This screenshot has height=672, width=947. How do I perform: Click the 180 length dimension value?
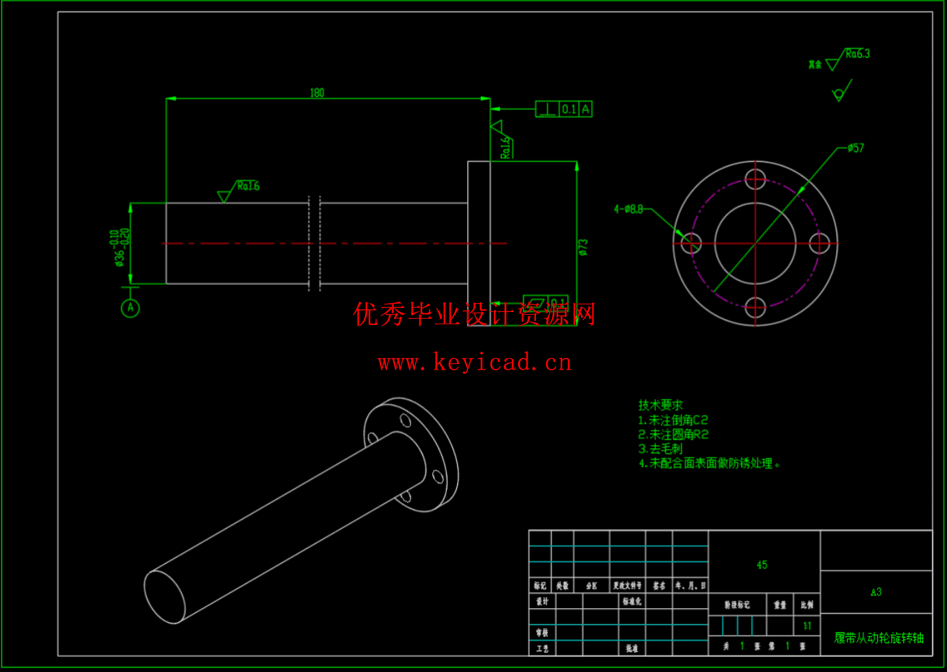tap(316, 93)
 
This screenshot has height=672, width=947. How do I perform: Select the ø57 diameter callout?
tap(855, 147)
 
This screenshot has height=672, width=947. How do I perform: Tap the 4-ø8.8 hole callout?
tap(628, 208)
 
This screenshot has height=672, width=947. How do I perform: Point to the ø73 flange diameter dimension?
tap(583, 247)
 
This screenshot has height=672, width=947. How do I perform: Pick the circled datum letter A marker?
tap(130, 308)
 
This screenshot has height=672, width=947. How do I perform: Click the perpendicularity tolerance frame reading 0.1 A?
tap(563, 109)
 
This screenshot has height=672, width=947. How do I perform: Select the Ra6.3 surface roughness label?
tap(857, 53)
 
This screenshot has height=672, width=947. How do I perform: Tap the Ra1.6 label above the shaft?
tap(248, 186)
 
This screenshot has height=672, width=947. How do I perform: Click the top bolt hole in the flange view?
tap(756, 179)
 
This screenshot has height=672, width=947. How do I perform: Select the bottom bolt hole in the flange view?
tap(756, 307)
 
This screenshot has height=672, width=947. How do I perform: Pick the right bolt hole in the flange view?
tap(819, 243)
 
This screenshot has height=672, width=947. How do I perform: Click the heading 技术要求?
tap(660, 405)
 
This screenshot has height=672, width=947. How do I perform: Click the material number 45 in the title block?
tap(762, 565)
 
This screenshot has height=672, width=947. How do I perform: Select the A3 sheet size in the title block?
tap(876, 592)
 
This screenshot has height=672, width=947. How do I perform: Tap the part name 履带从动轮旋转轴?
tap(878, 638)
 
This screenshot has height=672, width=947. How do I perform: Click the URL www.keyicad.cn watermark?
tap(474, 362)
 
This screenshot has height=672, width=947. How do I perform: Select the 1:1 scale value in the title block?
tap(807, 625)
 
